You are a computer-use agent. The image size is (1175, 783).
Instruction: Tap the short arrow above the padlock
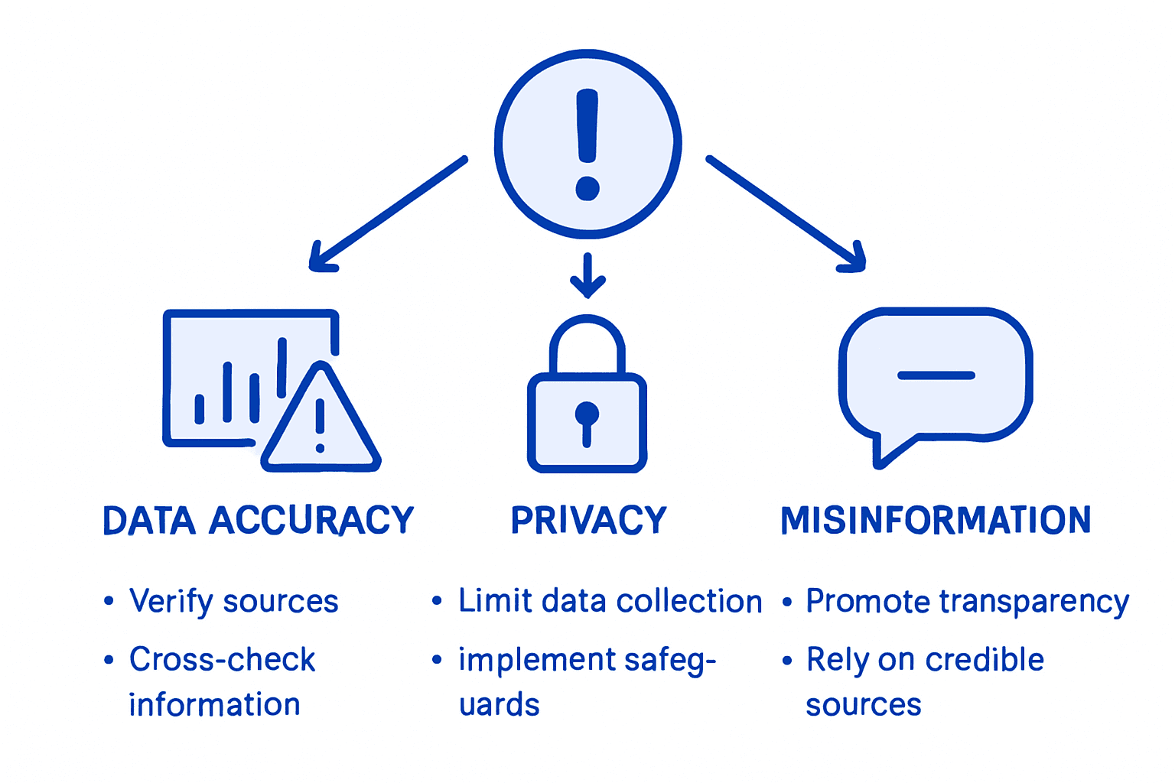[587, 275]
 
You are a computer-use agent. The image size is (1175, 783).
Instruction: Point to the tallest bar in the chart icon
[282, 367]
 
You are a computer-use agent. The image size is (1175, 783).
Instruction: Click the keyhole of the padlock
[587, 421]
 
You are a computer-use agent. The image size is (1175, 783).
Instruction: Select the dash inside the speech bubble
[936, 375]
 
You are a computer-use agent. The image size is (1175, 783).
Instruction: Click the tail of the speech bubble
[887, 451]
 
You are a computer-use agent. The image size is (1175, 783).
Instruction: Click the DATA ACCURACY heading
[259, 521]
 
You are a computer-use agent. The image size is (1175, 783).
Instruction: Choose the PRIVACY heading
[588, 521]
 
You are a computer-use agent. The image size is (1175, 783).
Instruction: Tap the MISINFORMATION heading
[936, 521]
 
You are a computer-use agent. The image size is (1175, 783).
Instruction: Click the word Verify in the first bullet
[171, 602]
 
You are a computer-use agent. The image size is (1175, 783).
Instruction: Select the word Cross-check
[222, 659]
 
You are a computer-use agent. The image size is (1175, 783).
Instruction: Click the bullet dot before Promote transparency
[787, 602]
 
